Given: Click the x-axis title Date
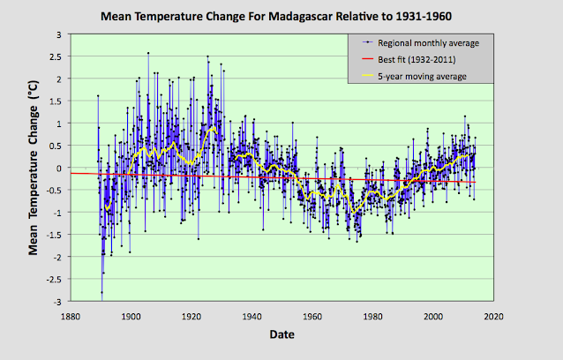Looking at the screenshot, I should pos(281,335).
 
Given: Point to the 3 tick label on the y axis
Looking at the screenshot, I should pos(59,34).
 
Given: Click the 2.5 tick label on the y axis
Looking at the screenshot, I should pos(55,56).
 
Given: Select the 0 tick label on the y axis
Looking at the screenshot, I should pos(59,168).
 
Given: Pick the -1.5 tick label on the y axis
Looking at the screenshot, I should pos(53,235).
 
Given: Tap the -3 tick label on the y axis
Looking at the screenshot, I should pos(56,302).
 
